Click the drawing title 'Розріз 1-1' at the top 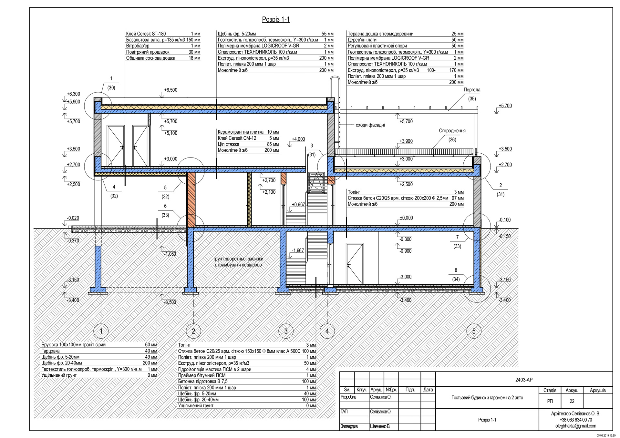tap(276, 19)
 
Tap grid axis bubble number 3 tap(286, 331)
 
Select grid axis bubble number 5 tap(474, 331)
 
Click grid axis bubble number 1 tap(101, 331)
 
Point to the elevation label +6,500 tap(170, 90)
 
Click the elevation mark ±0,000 tap(406, 218)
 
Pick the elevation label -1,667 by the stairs tap(298, 250)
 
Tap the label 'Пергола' tap(472, 90)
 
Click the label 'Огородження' tap(452, 131)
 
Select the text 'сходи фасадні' tap(370, 125)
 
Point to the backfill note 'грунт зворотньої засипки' tap(238, 259)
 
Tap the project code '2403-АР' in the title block tap(524, 380)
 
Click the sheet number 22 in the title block tap(572, 402)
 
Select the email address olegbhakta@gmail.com tap(575, 426)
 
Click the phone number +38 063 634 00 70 tap(575, 420)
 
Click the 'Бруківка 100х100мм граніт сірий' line tap(74, 345)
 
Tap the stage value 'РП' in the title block tap(550, 402)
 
